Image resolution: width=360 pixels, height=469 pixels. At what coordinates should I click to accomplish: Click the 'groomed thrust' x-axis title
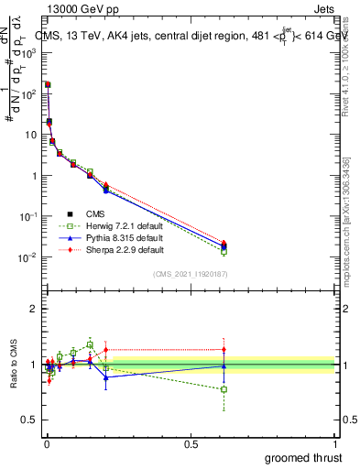tap(303, 457)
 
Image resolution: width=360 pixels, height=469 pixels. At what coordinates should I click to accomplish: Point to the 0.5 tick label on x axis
tap(191, 443)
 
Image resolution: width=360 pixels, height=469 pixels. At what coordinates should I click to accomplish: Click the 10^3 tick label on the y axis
tap(27, 53)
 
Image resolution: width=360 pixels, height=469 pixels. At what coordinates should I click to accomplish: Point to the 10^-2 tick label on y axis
tap(27, 257)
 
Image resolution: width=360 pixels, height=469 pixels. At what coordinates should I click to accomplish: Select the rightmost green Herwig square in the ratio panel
tap(224, 389)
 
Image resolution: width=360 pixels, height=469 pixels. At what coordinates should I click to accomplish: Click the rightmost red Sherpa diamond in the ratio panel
tap(224, 349)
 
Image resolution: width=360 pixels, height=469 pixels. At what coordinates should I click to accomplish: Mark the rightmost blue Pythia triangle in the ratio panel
tap(224, 365)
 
